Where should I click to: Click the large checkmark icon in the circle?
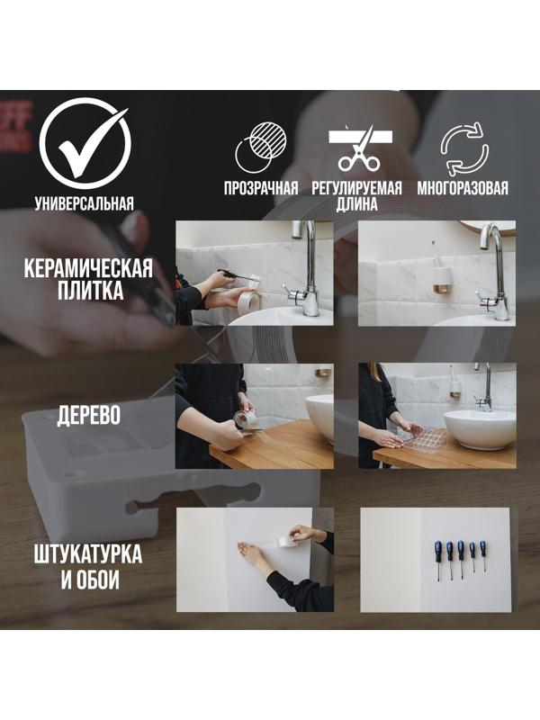(84, 144)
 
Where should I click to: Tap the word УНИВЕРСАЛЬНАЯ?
(84, 203)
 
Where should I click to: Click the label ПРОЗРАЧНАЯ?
(261, 189)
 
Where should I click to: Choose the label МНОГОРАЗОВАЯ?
(463, 189)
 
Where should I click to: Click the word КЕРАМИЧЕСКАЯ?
(87, 268)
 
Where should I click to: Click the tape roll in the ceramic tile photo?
(247, 301)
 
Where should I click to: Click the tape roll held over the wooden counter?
(246, 419)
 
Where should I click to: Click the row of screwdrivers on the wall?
(459, 558)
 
